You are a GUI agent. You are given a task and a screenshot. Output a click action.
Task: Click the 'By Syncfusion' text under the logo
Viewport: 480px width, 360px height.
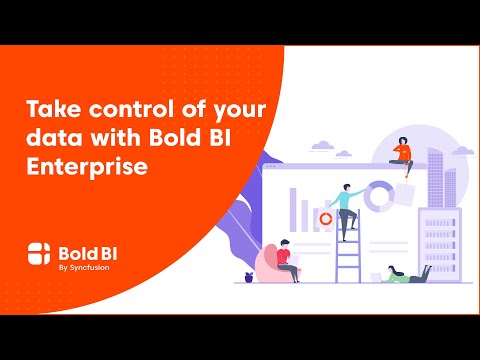point(81,267)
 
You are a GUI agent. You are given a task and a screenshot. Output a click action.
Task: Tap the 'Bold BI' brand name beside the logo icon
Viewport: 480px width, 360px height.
point(86,250)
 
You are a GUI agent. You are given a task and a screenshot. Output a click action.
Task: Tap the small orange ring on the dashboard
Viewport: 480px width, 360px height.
point(325,216)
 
